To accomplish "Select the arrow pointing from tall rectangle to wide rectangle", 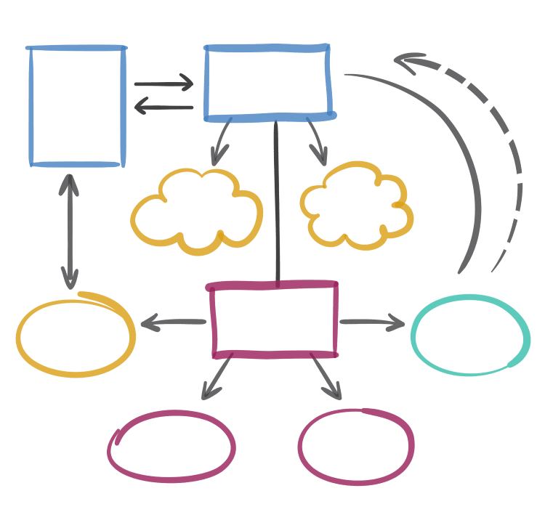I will [163, 84].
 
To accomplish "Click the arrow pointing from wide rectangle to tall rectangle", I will [163, 107].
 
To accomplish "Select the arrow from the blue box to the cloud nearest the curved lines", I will [317, 141].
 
